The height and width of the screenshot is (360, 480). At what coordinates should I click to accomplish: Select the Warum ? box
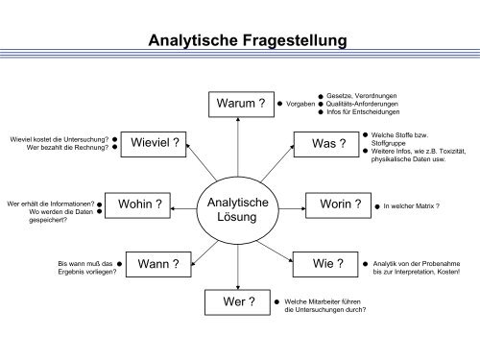point(240,102)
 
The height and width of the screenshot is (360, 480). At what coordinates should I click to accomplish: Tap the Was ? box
point(326,144)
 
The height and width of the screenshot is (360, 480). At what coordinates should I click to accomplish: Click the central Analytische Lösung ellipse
point(241,206)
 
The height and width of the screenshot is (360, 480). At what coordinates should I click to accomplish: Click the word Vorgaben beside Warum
point(301,103)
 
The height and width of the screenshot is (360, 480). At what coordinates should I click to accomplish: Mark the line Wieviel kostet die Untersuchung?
point(58,139)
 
